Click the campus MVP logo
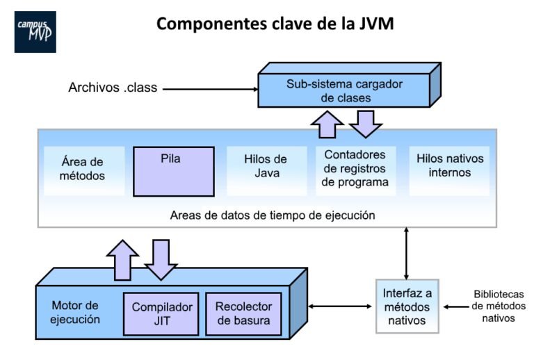(x=35, y=32)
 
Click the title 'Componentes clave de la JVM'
(x=275, y=24)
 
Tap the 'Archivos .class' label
(x=113, y=88)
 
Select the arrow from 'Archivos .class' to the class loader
(x=209, y=89)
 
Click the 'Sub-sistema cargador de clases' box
(x=345, y=90)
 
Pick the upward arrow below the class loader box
(x=326, y=126)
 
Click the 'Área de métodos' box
(x=83, y=167)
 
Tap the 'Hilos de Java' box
(x=266, y=167)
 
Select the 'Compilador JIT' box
(x=161, y=313)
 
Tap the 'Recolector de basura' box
(x=243, y=313)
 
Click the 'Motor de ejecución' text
(x=76, y=313)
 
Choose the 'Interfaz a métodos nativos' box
(x=407, y=306)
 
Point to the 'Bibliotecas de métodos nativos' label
(x=498, y=306)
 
